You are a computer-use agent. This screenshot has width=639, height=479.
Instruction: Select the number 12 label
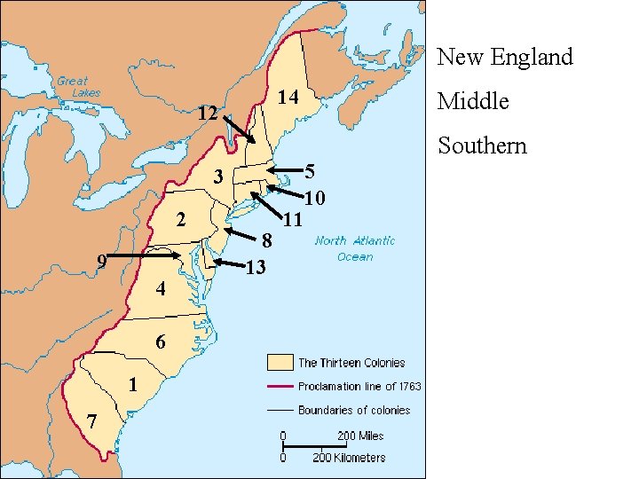point(207,114)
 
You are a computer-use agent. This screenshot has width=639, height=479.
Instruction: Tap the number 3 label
point(217,177)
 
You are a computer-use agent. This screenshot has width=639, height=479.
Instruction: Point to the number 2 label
point(179,219)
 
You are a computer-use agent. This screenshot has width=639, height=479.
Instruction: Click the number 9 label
point(102,261)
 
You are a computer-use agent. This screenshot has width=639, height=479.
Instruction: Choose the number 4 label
point(160,290)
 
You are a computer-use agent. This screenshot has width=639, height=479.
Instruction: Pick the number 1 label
point(131,385)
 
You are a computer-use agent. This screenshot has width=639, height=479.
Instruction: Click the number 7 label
point(92,420)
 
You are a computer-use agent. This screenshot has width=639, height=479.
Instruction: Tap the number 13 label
point(256,267)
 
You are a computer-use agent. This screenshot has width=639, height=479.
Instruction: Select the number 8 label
point(264,240)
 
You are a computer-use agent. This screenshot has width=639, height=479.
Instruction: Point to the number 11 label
point(293,219)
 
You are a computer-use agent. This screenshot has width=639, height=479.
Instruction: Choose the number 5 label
point(309,170)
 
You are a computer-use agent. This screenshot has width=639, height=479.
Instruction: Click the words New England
point(505,58)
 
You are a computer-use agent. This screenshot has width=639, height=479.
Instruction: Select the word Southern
point(482,145)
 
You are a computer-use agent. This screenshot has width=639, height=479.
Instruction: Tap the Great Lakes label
point(79,86)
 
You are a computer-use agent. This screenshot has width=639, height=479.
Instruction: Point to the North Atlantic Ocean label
point(355,248)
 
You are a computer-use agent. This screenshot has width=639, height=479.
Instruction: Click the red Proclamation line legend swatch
point(280,386)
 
